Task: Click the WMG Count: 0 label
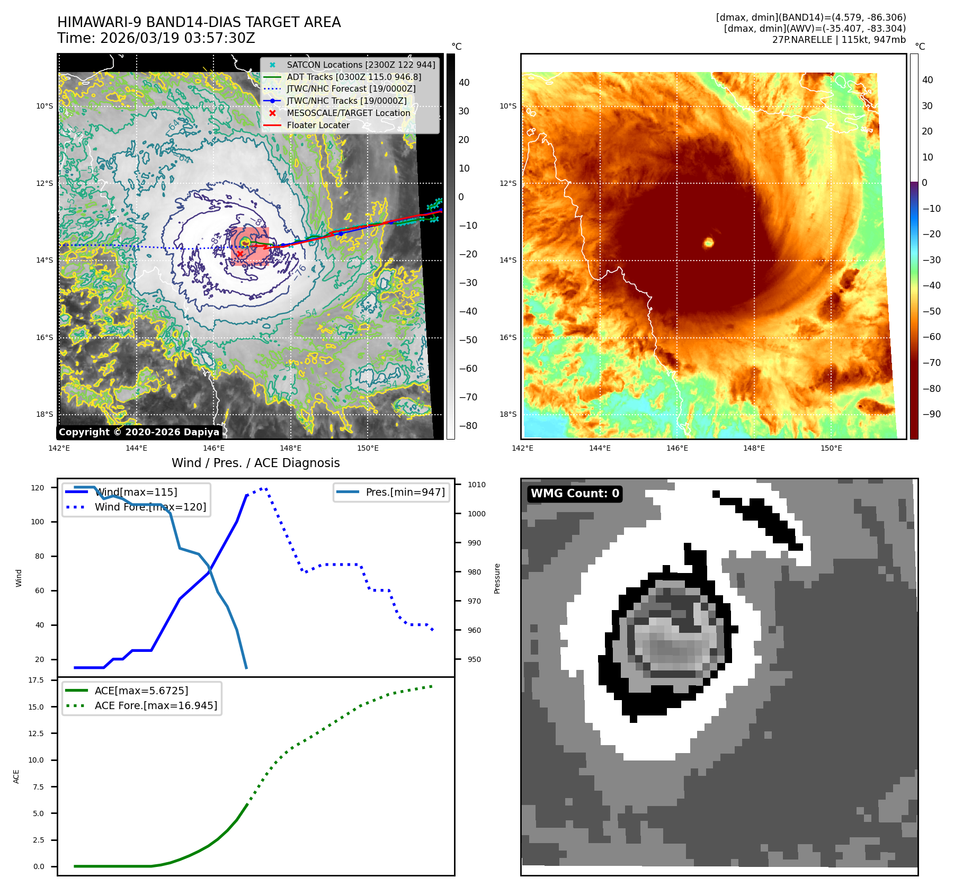tap(575, 494)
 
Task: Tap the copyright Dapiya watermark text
tap(139, 432)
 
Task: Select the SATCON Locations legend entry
tap(361, 65)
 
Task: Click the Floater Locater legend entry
tap(318, 126)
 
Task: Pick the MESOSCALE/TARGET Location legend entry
tap(348, 113)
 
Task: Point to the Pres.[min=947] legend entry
tap(405, 493)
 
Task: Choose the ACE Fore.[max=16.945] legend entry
tap(156, 706)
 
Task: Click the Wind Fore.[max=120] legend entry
tap(150, 507)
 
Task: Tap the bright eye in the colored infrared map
tap(708, 243)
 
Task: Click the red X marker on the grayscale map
tap(240, 254)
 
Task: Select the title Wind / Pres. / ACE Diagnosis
tap(255, 463)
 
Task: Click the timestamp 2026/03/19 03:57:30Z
tap(177, 39)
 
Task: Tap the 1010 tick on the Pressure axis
tap(476, 485)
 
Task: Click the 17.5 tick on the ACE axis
tap(35, 680)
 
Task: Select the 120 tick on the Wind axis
tap(38, 488)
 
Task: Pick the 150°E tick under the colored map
tap(831, 448)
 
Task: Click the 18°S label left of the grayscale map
tap(44, 414)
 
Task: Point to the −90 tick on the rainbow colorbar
tap(931, 414)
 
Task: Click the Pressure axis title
tap(497, 578)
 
